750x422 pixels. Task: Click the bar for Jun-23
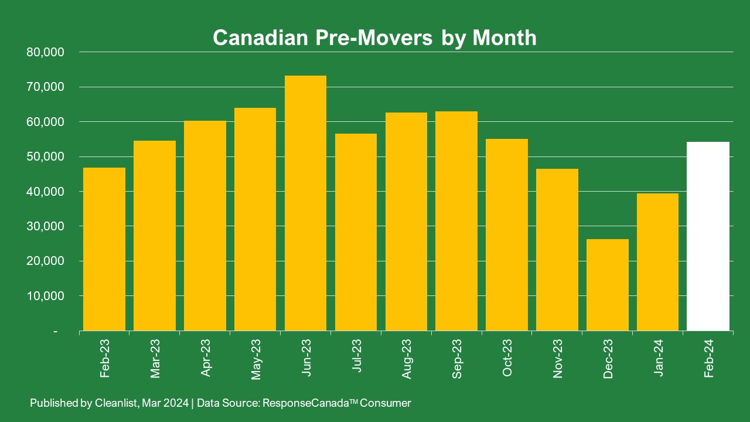[x=305, y=203]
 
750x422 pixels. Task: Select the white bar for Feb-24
[x=708, y=236]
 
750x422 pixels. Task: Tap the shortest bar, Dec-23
[x=608, y=285]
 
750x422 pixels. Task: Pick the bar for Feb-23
[x=104, y=249]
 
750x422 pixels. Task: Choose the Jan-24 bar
[x=658, y=262]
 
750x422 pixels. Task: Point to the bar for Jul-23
[x=356, y=232]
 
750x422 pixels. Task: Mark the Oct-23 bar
[x=507, y=234]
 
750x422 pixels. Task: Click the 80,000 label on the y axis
[x=45, y=52]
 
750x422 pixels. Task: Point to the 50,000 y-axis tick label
[x=45, y=156]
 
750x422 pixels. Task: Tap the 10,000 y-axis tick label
[x=45, y=296]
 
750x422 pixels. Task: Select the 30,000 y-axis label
[x=45, y=226]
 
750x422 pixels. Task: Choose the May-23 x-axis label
[x=256, y=358]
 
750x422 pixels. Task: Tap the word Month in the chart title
[x=504, y=38]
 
